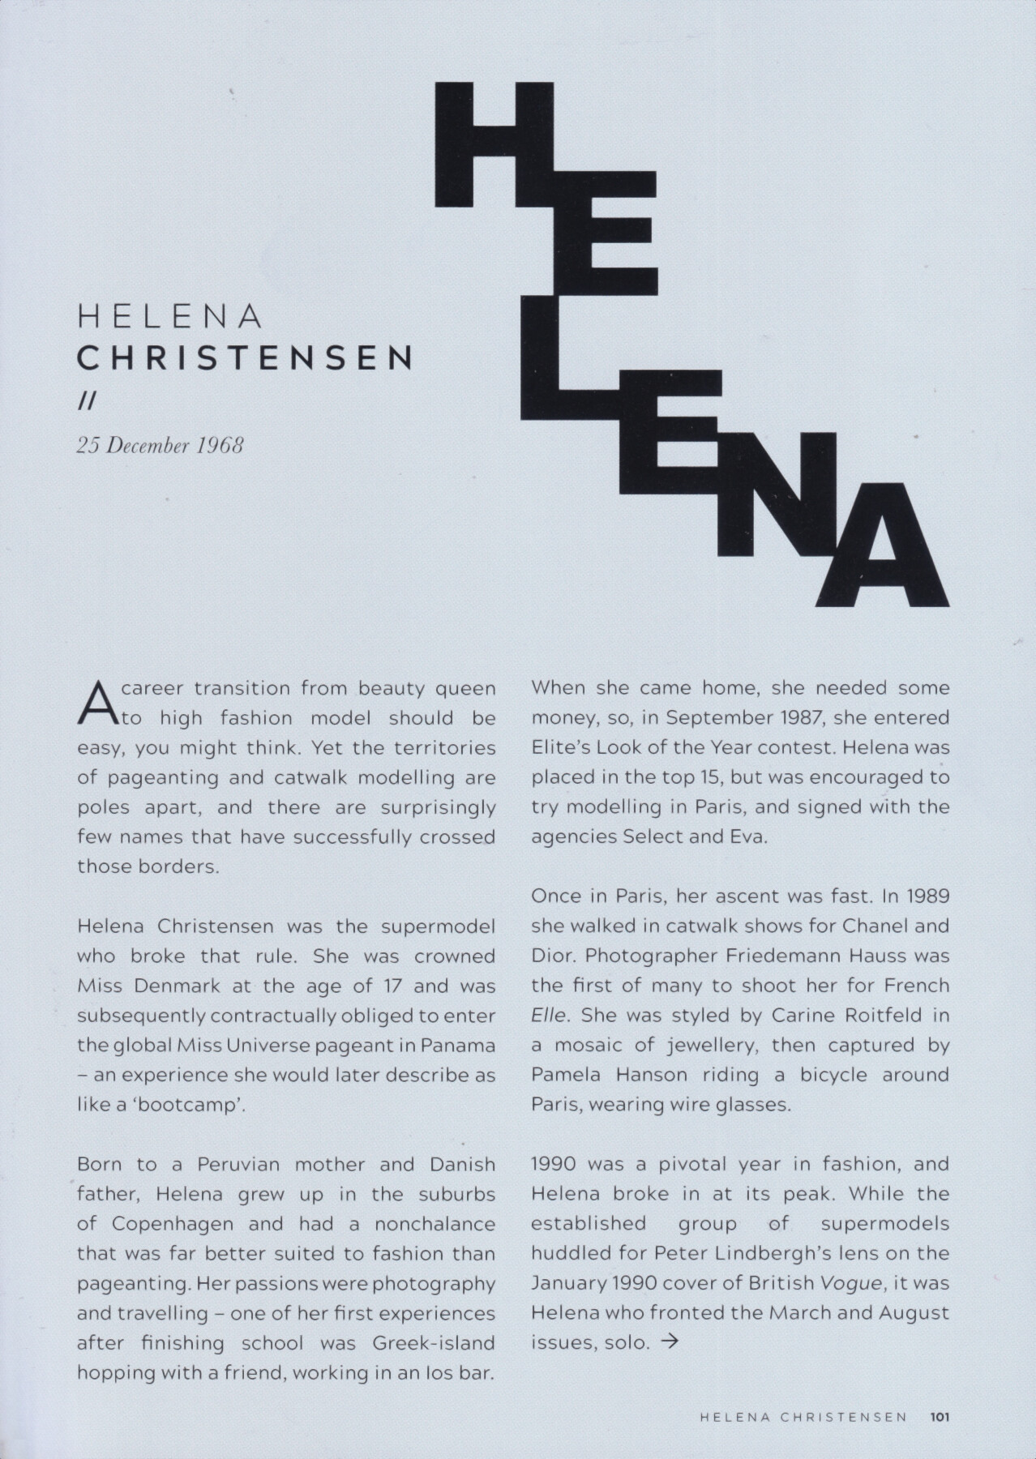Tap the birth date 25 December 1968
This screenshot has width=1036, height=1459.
[160, 445]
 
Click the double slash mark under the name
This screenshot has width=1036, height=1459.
[85, 402]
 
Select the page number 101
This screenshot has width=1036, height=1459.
[940, 1418]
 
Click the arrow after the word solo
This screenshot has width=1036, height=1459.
[670, 1341]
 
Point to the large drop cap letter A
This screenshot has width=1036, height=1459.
[96, 703]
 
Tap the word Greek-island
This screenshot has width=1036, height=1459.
[434, 1342]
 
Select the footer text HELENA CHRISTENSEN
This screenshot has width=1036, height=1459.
[803, 1418]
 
